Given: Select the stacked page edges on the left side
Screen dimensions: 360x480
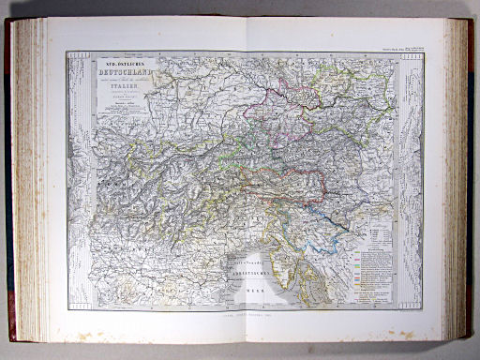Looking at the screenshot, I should (x=26, y=178).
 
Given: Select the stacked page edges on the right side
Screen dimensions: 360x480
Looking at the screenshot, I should (x=458, y=178).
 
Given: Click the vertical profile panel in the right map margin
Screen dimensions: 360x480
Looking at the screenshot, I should (x=411, y=178).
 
